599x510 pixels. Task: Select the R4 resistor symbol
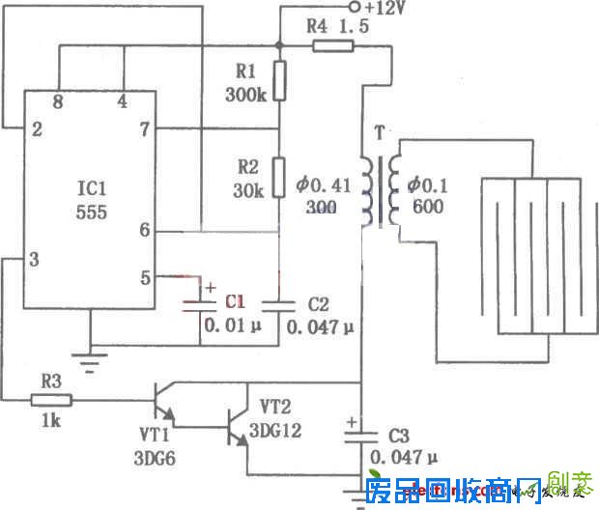point(331,45)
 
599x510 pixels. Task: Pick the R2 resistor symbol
point(278,176)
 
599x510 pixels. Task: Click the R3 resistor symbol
point(51,397)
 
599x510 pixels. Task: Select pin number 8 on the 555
point(60,100)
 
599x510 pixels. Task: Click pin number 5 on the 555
point(146,277)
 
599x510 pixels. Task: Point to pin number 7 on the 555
point(146,128)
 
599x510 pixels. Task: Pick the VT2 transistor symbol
point(235,424)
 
